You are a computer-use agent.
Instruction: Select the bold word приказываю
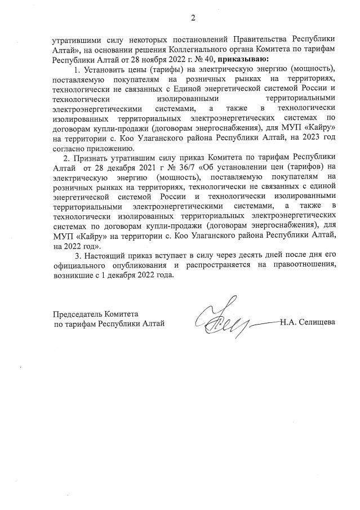[x=243, y=58]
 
